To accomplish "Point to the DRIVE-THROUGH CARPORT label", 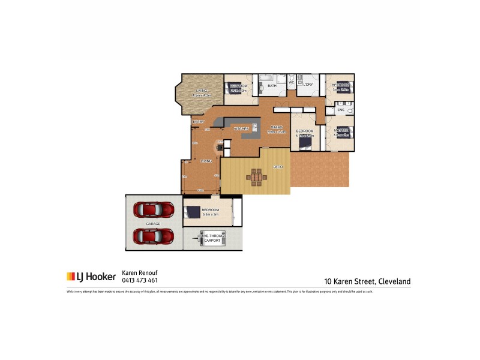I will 212,238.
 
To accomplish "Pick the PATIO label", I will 278,166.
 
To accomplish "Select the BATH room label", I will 272,86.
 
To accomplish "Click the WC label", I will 291,83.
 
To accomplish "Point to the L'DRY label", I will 308,85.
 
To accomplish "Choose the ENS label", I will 340,110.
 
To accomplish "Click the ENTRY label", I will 199,122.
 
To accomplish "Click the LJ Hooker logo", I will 91,277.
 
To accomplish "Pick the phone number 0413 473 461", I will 140,280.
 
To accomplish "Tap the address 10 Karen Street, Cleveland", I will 367,281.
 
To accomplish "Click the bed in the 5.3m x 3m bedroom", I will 193,212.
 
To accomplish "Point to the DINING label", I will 276,127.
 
